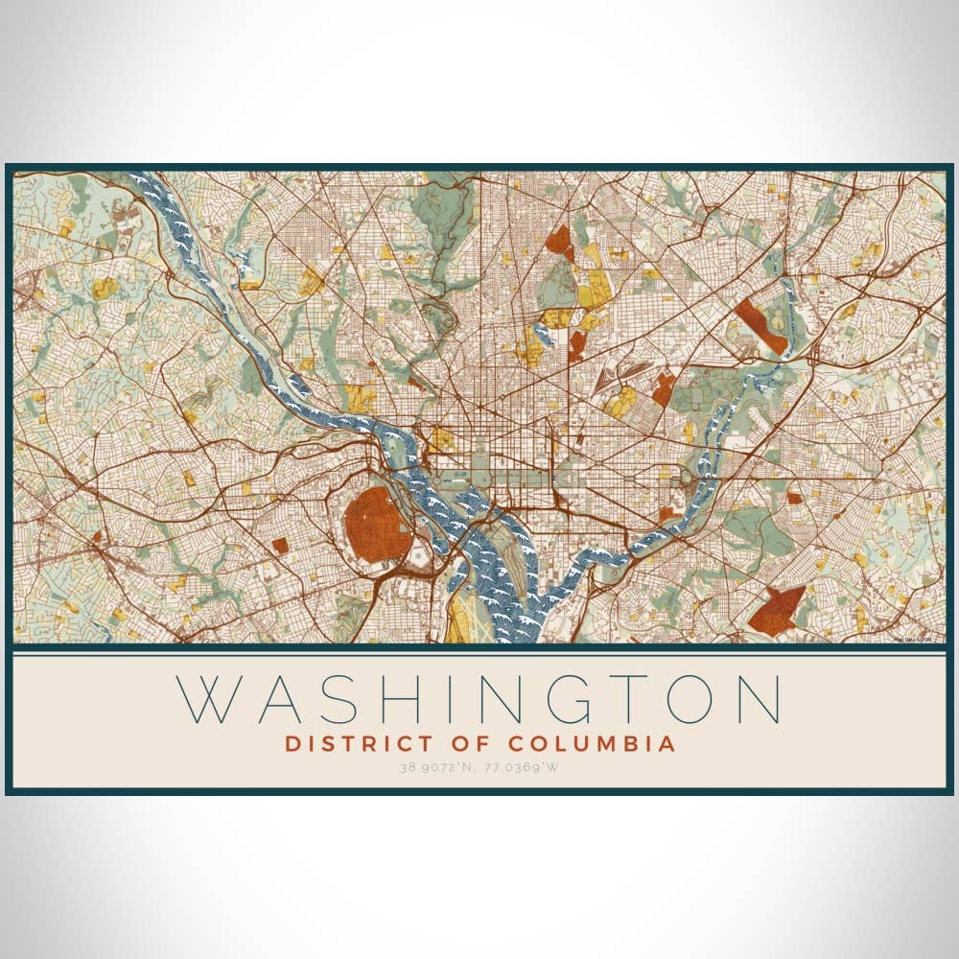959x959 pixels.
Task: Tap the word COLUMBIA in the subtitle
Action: [591, 743]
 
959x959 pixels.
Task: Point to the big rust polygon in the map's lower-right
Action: [777, 610]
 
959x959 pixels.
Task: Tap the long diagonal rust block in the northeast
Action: [761, 325]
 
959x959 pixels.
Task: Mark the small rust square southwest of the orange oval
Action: [280, 545]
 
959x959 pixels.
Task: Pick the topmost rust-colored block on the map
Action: [559, 240]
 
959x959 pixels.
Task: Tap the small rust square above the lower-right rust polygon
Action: [794, 498]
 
